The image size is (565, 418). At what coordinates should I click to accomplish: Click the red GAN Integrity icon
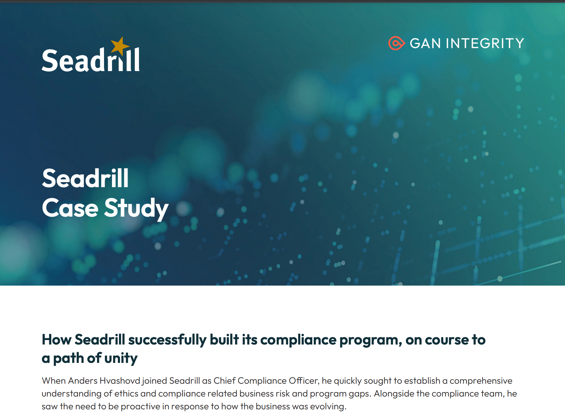coord(396,43)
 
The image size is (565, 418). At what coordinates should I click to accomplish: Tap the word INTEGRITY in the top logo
coord(485,44)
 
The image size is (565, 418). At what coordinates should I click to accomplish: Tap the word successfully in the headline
coord(167,340)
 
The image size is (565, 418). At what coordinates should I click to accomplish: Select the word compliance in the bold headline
coord(298,340)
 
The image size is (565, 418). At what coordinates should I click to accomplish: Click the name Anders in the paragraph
coord(83,381)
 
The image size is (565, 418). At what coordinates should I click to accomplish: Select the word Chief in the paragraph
coord(225,381)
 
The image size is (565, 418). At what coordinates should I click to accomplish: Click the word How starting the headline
coord(56,340)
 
